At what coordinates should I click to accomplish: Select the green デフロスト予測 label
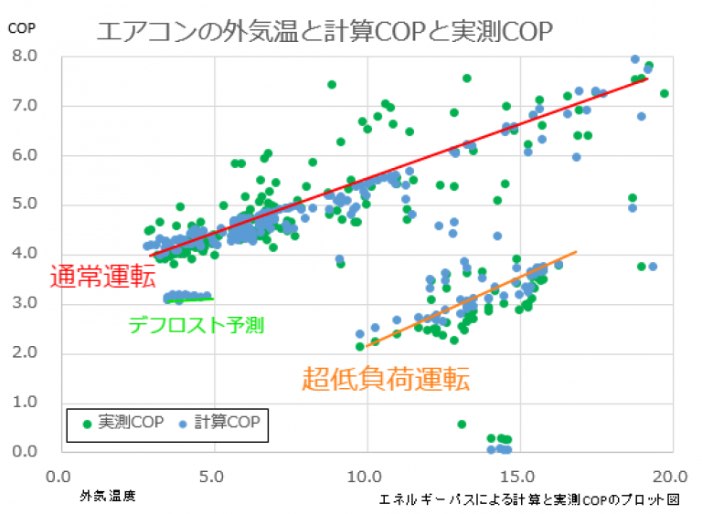pyautogui.click(x=196, y=324)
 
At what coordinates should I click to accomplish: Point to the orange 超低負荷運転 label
pyautogui.click(x=386, y=378)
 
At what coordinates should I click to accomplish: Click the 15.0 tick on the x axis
pyautogui.click(x=518, y=476)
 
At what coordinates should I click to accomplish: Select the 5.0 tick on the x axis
pyautogui.click(x=213, y=476)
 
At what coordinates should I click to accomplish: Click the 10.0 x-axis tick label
pyautogui.click(x=366, y=476)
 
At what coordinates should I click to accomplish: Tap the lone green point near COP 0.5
pyautogui.click(x=462, y=425)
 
